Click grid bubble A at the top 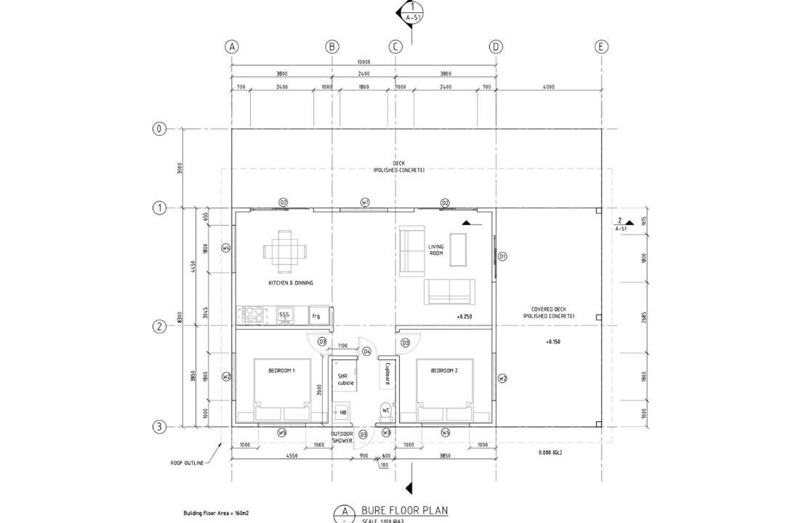(x=231, y=46)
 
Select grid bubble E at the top (x=601, y=46)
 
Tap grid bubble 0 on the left (x=158, y=129)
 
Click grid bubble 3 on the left (x=158, y=426)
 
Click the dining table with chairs (x=285, y=251)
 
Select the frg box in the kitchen (x=316, y=316)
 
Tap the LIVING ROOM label (x=436, y=250)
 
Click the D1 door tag (x=502, y=256)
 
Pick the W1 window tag (x=365, y=202)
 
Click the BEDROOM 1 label (x=281, y=370)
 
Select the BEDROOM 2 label (x=443, y=370)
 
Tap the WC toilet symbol (x=386, y=412)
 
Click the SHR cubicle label (x=344, y=379)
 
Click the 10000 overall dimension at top (x=363, y=62)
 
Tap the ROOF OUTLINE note (x=188, y=463)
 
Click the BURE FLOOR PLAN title (x=404, y=511)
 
